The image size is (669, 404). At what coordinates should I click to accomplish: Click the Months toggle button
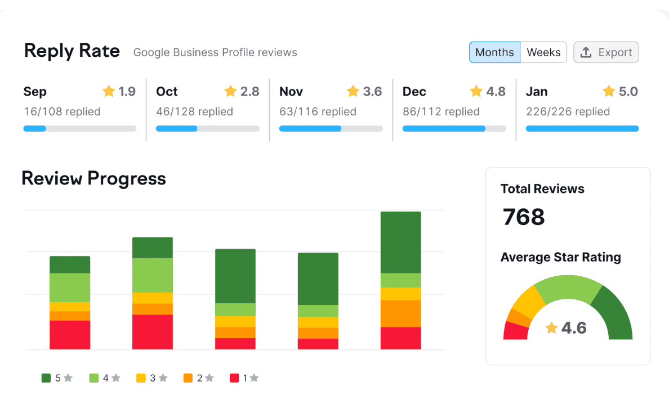click(x=494, y=52)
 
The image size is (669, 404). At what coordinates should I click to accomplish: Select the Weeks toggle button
click(x=543, y=52)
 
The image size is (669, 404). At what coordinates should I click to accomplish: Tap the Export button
click(x=606, y=52)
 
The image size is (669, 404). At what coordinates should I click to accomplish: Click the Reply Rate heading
click(x=72, y=51)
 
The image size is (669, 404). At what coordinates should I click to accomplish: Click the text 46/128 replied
click(x=194, y=111)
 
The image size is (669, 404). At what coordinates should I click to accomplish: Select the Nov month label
click(x=291, y=91)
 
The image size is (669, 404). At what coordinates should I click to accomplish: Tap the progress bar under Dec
click(x=454, y=128)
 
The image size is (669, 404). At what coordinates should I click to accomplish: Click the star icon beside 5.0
click(x=609, y=91)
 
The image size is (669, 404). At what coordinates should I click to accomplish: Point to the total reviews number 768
click(x=524, y=217)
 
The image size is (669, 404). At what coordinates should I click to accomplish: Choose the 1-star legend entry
click(x=244, y=378)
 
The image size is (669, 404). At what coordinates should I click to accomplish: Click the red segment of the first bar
click(x=70, y=335)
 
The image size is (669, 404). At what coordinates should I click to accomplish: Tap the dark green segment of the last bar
click(x=401, y=242)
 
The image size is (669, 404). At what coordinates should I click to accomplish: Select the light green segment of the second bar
click(x=153, y=275)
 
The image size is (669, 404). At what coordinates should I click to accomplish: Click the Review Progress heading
click(x=93, y=178)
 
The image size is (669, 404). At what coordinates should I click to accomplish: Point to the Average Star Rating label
click(x=560, y=257)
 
